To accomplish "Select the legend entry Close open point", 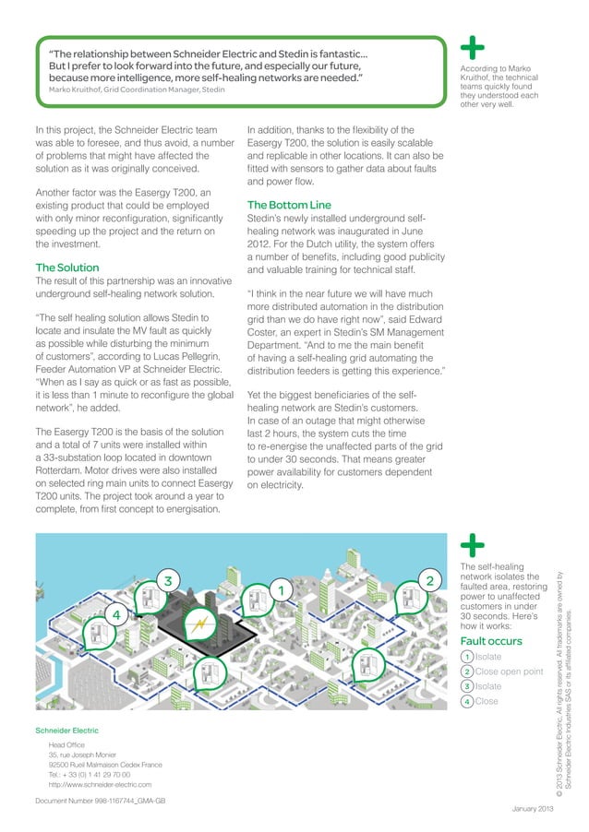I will (508, 672).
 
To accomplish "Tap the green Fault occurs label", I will (491, 640).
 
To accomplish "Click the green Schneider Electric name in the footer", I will (66, 731).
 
